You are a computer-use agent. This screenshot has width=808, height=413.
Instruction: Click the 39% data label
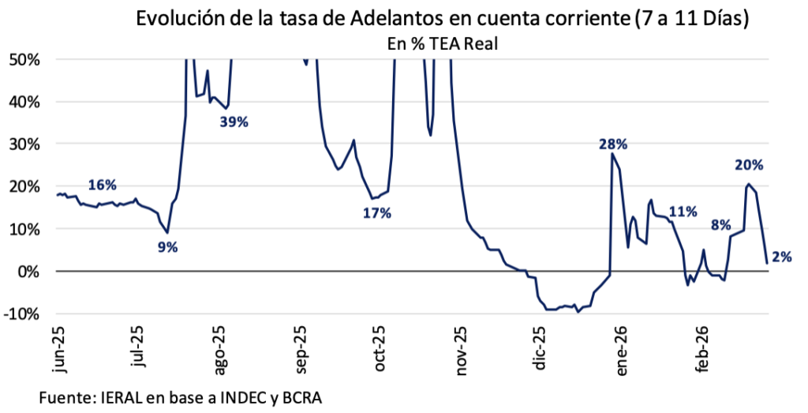pos(234,122)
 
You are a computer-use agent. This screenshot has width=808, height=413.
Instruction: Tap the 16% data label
pos(102,186)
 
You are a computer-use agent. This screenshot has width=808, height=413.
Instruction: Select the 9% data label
pos(167,247)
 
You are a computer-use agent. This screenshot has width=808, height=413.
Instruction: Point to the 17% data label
pos(377,213)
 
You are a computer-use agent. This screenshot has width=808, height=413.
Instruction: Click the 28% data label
pos(612,144)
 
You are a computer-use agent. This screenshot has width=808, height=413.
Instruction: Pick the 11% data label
pos(683,212)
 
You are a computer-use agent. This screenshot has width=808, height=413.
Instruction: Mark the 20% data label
pos(748,165)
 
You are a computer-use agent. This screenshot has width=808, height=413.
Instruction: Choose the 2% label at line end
pos(782,256)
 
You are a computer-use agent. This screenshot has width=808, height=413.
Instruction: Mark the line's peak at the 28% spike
pos(612,154)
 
